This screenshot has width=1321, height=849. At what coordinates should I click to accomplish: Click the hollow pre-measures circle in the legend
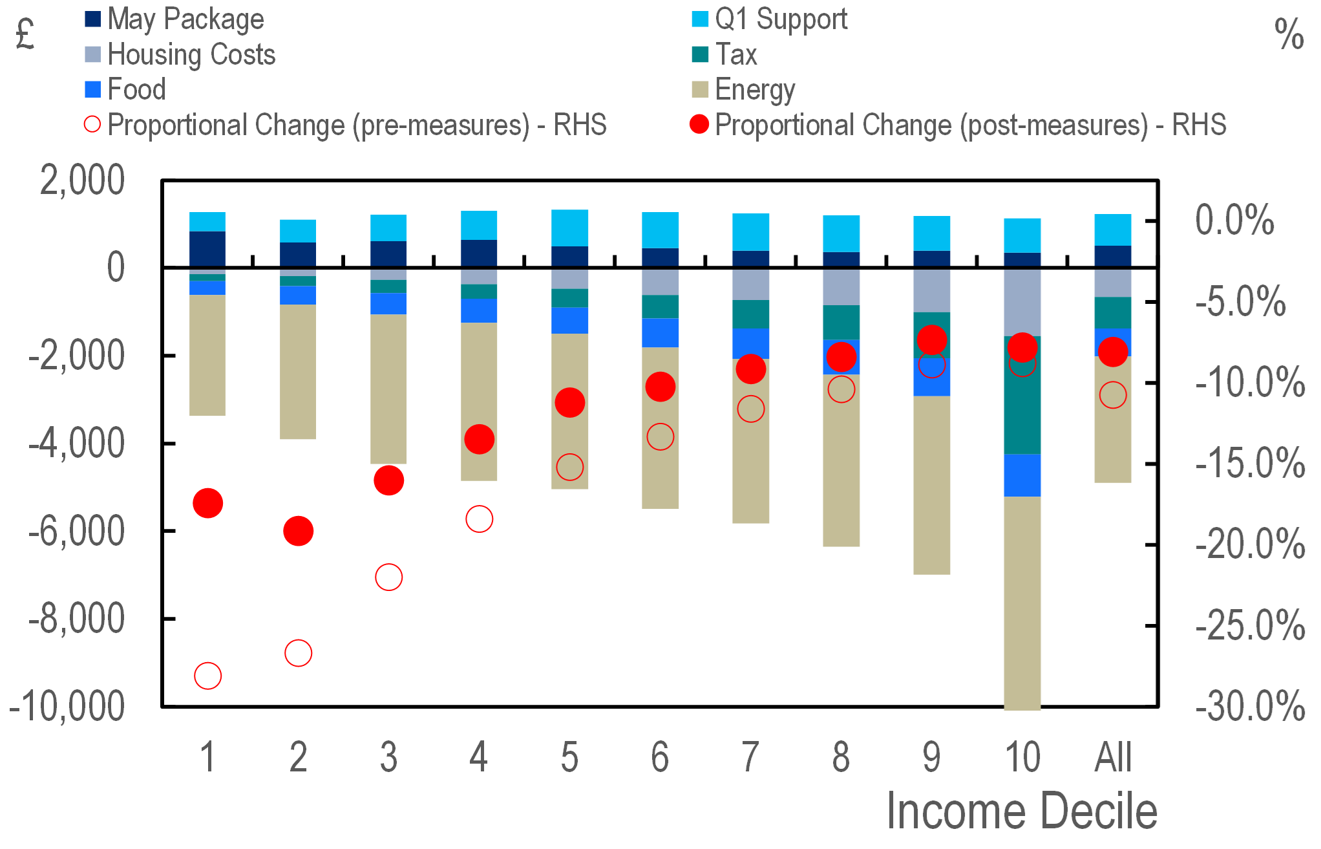92,124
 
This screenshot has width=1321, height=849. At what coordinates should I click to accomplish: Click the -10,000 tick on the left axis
67,706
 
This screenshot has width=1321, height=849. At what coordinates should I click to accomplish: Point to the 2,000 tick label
82,180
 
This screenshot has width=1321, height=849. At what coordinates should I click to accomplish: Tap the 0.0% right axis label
1234,220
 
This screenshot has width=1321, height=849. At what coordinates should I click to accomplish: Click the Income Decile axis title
1022,811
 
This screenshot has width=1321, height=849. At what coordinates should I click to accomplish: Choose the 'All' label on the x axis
1113,757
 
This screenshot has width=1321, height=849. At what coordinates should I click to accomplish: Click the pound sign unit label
25,35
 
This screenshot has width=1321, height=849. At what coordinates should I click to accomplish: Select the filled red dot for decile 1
208,503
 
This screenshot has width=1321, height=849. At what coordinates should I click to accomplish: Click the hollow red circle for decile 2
299,653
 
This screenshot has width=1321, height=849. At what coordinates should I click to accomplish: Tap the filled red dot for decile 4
480,440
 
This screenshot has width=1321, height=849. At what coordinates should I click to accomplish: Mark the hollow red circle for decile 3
389,577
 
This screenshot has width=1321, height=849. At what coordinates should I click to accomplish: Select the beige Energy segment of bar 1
207,355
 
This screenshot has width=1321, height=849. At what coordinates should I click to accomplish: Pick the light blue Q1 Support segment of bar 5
570,228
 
